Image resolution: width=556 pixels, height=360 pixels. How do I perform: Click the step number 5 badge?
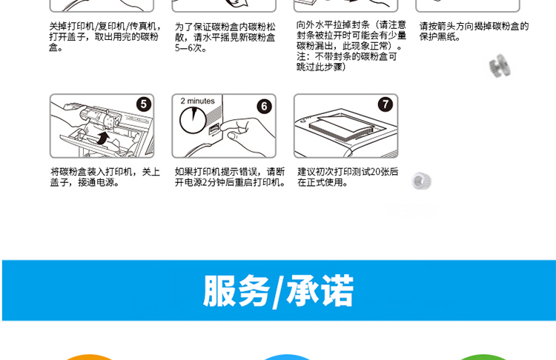[x=144, y=104]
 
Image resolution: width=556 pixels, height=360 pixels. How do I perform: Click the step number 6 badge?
[x=264, y=106]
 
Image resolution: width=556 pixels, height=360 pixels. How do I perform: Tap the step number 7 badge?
[x=385, y=104]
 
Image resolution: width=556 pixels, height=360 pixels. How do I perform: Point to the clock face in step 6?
[x=193, y=120]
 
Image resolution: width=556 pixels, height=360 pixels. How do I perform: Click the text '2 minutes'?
[x=197, y=101]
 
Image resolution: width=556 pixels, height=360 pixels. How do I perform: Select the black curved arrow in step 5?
[x=102, y=138]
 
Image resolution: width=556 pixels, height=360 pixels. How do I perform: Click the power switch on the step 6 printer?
[x=214, y=130]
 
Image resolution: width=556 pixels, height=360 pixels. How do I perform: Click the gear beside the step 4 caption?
[x=500, y=66]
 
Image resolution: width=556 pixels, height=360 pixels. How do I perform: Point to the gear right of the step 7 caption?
[x=421, y=181]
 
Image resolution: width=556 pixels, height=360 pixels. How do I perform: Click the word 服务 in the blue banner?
[x=236, y=290]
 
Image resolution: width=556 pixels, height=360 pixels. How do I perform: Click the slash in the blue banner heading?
[x=278, y=291]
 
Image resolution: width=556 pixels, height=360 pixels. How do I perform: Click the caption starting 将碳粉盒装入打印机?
[x=105, y=177]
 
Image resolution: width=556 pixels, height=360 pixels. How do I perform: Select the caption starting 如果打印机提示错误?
[x=230, y=177]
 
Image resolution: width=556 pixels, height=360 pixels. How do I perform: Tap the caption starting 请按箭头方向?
[x=474, y=31]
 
